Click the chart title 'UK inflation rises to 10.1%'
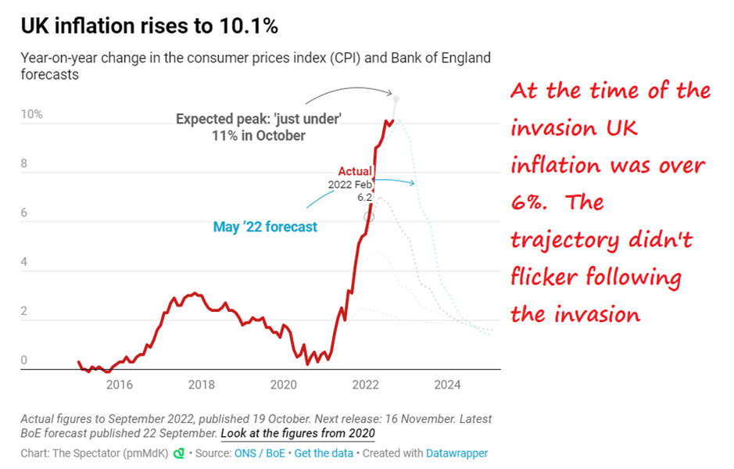tap(149, 27)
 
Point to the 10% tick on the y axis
tap(31, 115)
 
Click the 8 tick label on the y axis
tap(25, 164)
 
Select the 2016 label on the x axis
tap(119, 385)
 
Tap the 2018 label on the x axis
tap(202, 385)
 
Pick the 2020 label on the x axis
tap(284, 385)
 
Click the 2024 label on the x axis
tap(447, 385)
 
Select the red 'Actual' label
tap(355, 171)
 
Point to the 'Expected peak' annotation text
tap(259, 127)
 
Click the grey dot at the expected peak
tap(396, 98)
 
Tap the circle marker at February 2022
tap(369, 216)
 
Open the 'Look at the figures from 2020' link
tap(298, 433)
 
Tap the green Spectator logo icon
tap(179, 453)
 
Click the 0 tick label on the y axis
tap(24, 360)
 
